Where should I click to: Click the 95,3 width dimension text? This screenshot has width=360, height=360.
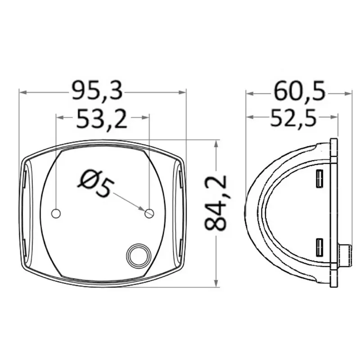97,90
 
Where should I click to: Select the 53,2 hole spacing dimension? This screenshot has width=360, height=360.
102,119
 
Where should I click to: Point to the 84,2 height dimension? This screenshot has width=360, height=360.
216,203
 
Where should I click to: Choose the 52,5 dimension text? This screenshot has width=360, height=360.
293,117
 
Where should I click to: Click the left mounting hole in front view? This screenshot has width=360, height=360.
56,213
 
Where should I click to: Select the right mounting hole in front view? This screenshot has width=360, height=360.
149,213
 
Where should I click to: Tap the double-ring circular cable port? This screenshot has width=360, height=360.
139,255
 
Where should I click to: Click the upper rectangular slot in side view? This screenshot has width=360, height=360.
319,179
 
